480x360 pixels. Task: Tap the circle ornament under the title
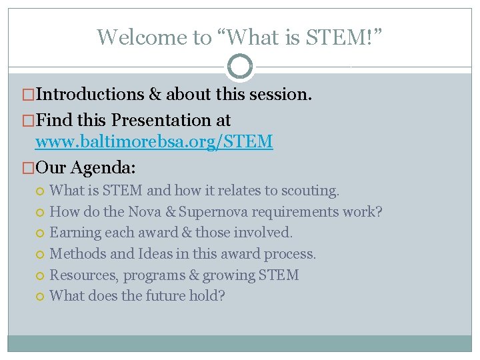point(240,67)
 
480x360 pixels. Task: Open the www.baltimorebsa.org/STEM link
point(153,141)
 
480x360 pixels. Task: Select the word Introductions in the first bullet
point(89,95)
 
